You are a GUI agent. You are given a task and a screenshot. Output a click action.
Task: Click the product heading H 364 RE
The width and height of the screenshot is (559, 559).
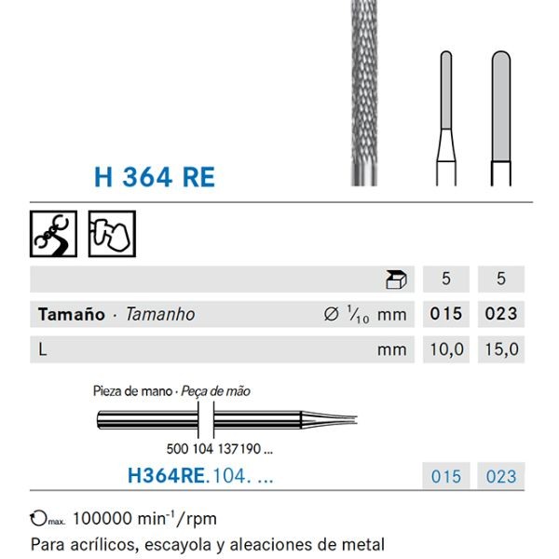click(155, 176)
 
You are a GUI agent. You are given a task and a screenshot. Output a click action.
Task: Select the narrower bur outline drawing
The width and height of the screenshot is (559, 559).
click(446, 116)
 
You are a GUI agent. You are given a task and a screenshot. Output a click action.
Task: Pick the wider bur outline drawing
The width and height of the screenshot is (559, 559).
click(501, 116)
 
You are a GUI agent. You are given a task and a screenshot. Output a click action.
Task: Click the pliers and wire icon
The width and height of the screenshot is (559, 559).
click(54, 234)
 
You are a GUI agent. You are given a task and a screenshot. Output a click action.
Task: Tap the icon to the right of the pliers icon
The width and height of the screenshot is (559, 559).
click(112, 234)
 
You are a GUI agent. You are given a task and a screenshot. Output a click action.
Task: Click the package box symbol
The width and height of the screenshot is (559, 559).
click(396, 279)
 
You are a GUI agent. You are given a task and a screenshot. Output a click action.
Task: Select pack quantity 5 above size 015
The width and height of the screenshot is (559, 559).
click(446, 279)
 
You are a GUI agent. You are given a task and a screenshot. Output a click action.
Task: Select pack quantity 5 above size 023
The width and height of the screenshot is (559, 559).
click(501, 279)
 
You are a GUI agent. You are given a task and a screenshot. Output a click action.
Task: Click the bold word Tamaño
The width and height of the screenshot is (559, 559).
click(71, 314)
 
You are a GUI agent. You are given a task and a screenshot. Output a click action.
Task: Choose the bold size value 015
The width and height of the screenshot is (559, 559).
click(446, 314)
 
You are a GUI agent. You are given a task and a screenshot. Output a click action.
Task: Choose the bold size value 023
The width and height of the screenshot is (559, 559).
click(501, 314)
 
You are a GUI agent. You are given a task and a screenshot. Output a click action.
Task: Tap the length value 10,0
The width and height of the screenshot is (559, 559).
click(446, 349)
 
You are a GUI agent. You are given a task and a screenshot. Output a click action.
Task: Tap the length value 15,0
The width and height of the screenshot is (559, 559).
click(501, 349)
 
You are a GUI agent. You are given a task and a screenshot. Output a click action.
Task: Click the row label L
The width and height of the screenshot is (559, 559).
click(43, 349)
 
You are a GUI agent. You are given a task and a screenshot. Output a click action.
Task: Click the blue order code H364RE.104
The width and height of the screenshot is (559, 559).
click(200, 476)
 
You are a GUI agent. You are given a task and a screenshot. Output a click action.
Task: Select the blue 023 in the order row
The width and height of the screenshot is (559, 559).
click(501, 476)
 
